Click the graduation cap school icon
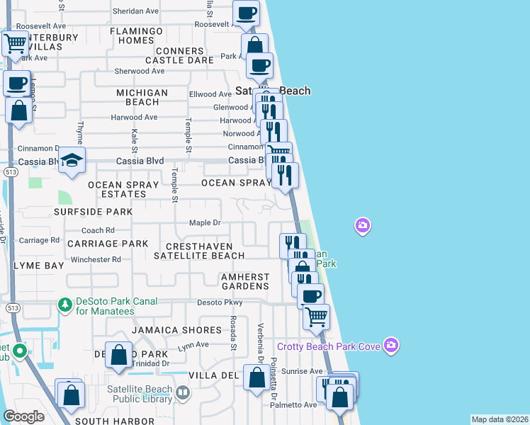tap(72, 160)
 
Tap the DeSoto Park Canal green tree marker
tap(65, 305)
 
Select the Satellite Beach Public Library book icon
tap(183, 392)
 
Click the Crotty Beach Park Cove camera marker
tap(390, 345)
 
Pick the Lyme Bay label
tap(38, 265)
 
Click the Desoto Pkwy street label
tap(220, 302)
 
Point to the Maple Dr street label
tap(205, 223)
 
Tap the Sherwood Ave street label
tap(140, 71)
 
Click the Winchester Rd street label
tap(96, 259)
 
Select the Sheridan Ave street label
tap(135, 11)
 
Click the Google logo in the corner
tap(23, 416)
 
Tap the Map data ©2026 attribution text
tap(500, 419)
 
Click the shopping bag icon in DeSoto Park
tap(119, 356)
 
